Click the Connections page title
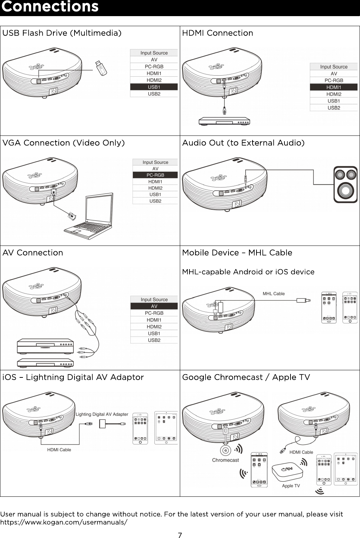click(x=50, y=7)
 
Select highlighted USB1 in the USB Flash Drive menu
click(x=154, y=87)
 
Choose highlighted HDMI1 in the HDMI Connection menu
click(x=333, y=87)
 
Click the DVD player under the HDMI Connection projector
click(x=224, y=121)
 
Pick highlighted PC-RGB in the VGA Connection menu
click(x=155, y=175)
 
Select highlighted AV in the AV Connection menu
click(x=154, y=306)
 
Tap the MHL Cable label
click(x=274, y=294)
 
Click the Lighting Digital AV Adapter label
click(x=102, y=414)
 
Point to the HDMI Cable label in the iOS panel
click(x=59, y=450)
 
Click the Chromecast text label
click(x=225, y=460)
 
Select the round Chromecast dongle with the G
click(x=225, y=450)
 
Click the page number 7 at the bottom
click(x=180, y=535)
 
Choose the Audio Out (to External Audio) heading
click(x=243, y=143)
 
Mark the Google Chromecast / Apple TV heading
click(x=246, y=377)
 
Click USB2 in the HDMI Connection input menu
click(x=333, y=108)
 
